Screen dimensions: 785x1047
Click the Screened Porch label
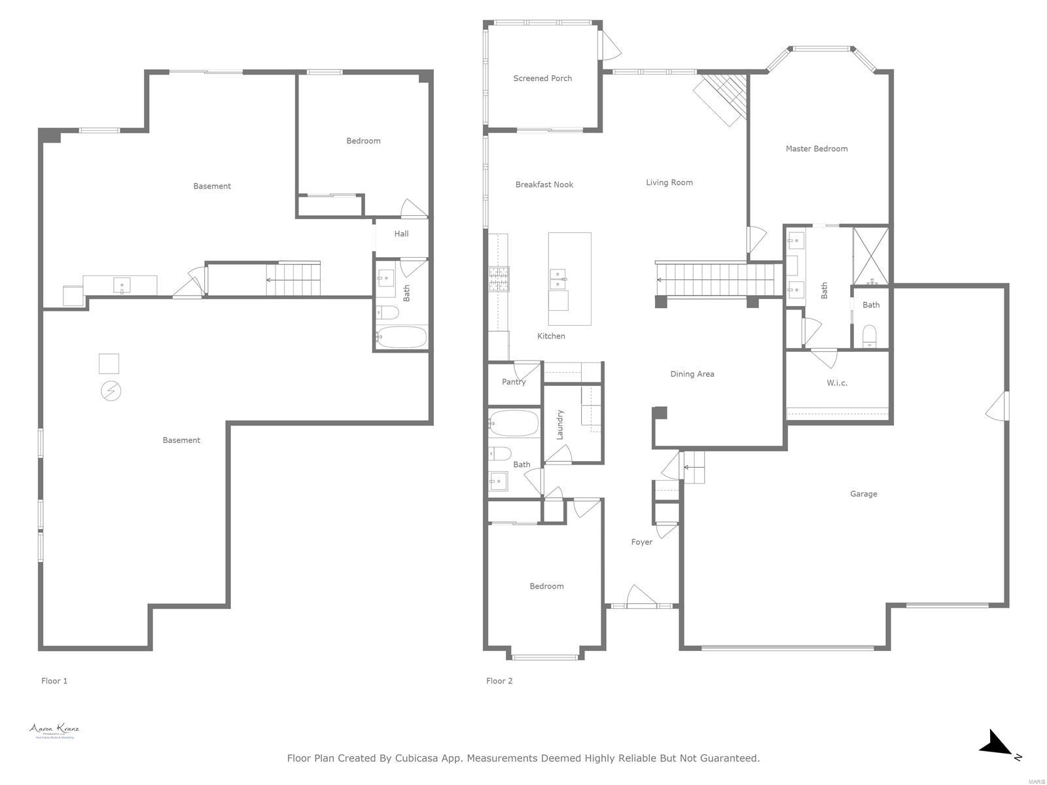(x=542, y=78)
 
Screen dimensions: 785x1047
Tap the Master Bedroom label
(x=816, y=148)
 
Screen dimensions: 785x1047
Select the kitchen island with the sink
(x=569, y=279)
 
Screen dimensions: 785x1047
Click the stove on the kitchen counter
(x=499, y=279)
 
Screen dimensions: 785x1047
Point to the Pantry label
(x=514, y=382)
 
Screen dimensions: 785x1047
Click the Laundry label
(x=560, y=425)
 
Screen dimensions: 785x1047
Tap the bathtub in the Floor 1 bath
(x=402, y=338)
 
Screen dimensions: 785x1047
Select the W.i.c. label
(x=836, y=383)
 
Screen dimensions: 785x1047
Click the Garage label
(x=863, y=494)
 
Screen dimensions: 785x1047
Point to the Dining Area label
(x=692, y=374)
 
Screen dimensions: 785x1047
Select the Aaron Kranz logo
(x=54, y=731)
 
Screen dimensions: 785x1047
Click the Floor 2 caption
(x=499, y=681)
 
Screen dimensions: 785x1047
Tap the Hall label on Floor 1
(x=401, y=234)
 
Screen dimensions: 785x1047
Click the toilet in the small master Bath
(x=870, y=336)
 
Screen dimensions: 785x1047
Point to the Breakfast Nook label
(x=544, y=185)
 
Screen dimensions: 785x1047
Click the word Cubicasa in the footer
(x=419, y=758)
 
